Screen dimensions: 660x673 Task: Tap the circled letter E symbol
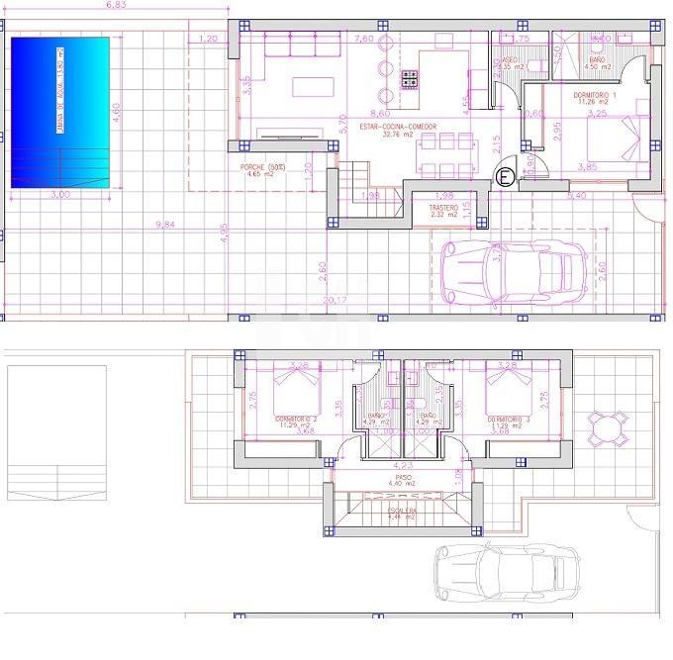coord(505,177)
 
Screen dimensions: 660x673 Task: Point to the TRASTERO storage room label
coord(443,208)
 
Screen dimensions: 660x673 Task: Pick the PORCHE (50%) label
coord(262,167)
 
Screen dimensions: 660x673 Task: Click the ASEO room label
coord(509,61)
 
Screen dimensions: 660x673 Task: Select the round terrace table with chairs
coord(606,427)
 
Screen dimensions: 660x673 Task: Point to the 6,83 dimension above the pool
coord(121,5)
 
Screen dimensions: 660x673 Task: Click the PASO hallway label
coord(403,476)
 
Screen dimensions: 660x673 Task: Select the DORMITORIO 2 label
coord(296,420)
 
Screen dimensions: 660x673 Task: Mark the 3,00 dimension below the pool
coord(59,195)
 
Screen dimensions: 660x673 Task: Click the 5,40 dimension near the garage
coord(576,196)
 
